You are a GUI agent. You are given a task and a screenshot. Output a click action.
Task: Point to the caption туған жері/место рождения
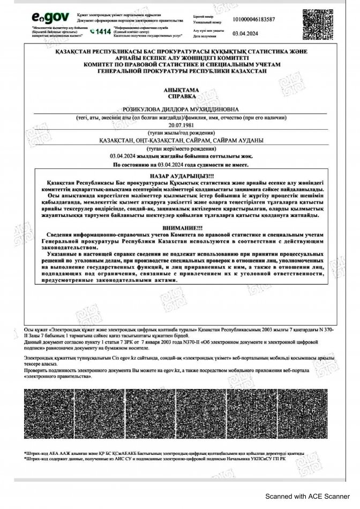click(180, 147)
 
